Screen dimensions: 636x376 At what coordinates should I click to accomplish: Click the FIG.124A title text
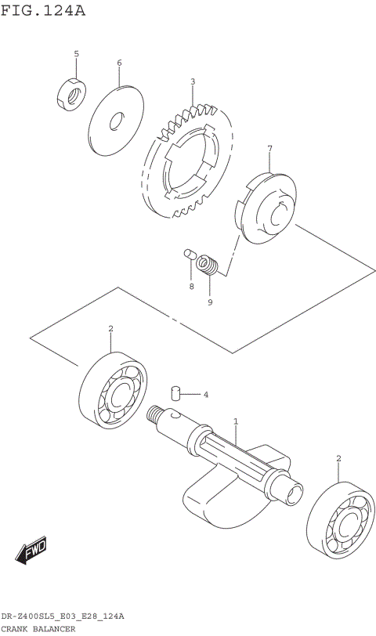pyautogui.click(x=43, y=11)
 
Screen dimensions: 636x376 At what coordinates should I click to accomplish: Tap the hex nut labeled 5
pyautogui.click(x=69, y=93)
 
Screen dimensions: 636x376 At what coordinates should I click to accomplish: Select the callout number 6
pyautogui.click(x=119, y=63)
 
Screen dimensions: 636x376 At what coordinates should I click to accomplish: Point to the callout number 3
pyautogui.click(x=192, y=81)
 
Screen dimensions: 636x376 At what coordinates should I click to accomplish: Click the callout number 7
pyautogui.click(x=269, y=148)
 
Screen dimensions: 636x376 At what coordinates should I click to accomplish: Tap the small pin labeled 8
pyautogui.click(x=188, y=253)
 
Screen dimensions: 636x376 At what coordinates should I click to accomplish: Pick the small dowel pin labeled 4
pyautogui.click(x=177, y=392)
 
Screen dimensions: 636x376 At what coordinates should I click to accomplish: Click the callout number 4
pyautogui.click(x=205, y=394)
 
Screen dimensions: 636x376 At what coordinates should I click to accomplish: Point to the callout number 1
pyautogui.click(x=235, y=421)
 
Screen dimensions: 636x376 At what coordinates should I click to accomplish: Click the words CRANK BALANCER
pyautogui.click(x=38, y=629)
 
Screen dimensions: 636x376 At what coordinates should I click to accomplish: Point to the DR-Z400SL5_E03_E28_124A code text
pyautogui.click(x=63, y=617)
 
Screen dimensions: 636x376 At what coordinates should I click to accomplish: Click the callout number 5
pyautogui.click(x=76, y=53)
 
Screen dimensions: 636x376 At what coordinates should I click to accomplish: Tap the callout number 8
pyautogui.click(x=190, y=287)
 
